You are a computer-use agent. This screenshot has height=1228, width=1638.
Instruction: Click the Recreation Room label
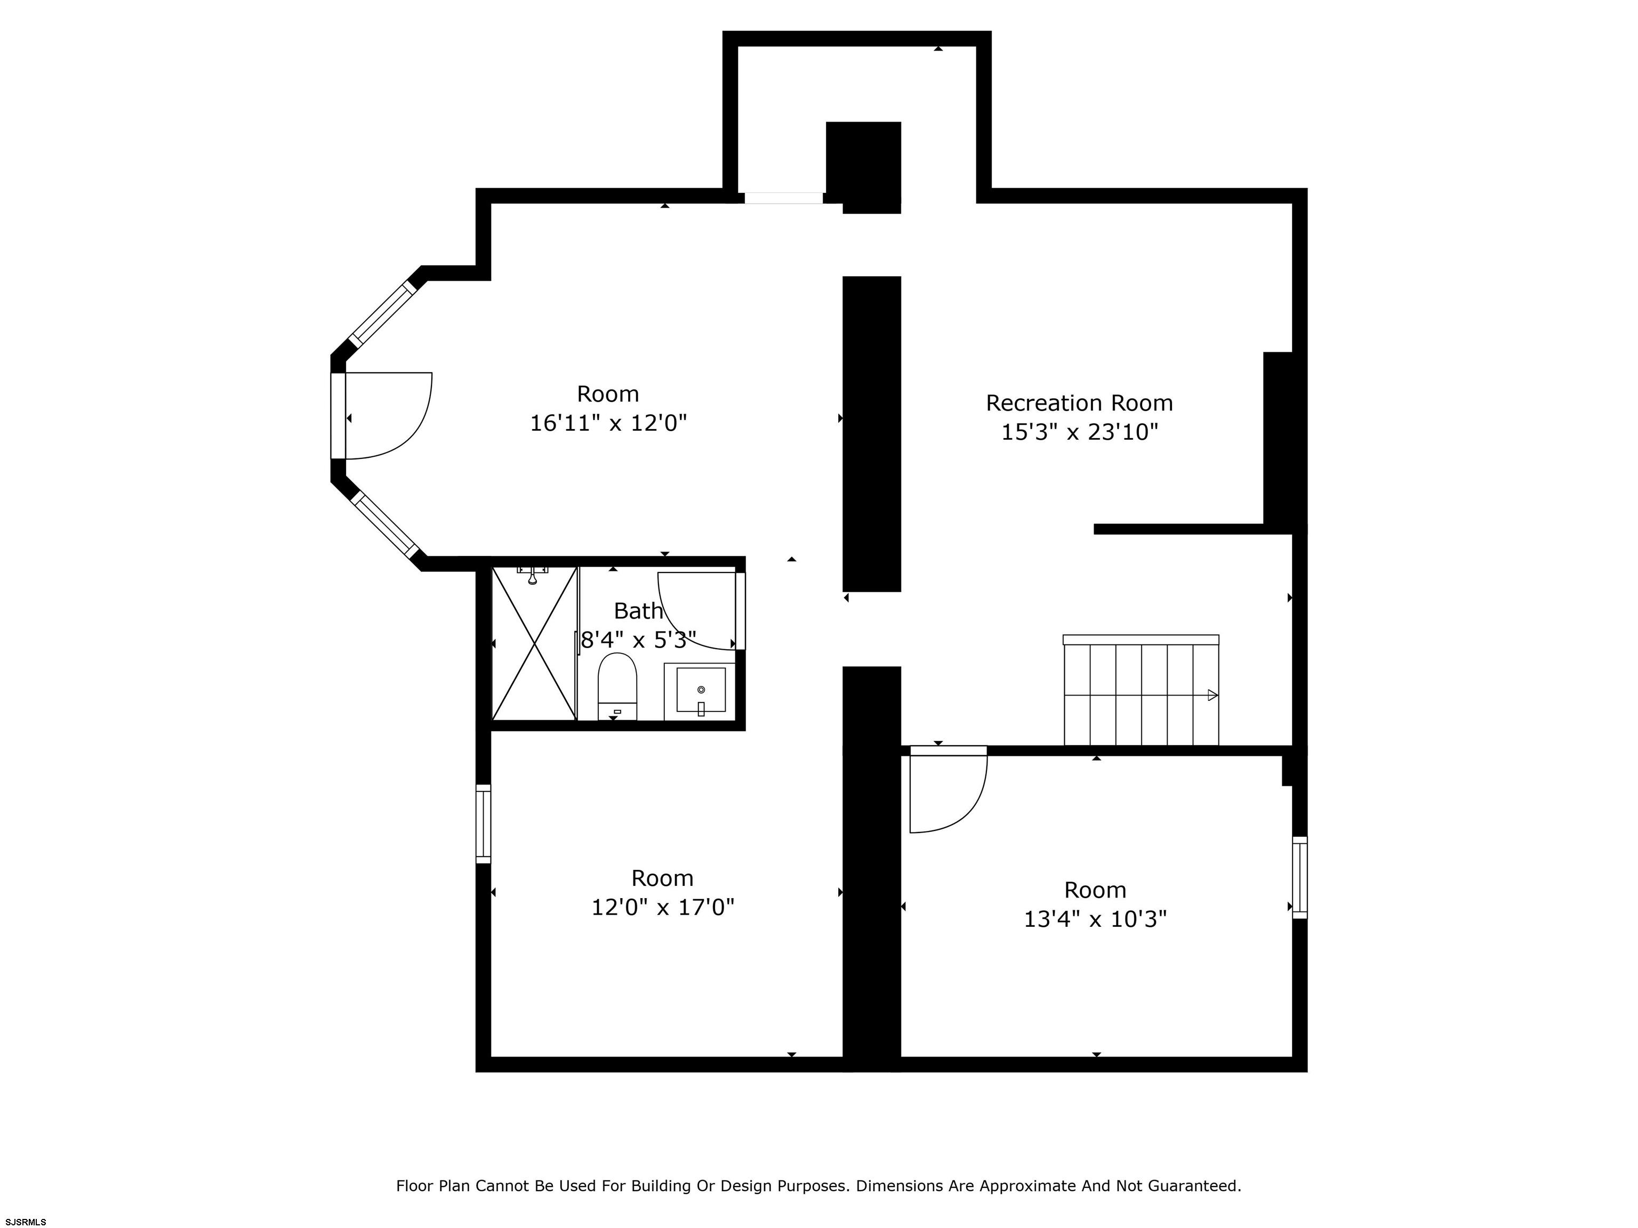(1079, 403)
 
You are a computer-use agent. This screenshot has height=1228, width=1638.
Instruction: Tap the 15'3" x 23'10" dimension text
(1079, 432)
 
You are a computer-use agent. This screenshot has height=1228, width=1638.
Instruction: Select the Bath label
(638, 611)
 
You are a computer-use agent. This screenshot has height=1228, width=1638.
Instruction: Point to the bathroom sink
(700, 691)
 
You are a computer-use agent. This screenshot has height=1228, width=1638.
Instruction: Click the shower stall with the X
(534, 643)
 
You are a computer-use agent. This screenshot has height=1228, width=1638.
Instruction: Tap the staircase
(1141, 690)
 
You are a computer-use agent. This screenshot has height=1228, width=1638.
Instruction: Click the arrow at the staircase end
(1212, 695)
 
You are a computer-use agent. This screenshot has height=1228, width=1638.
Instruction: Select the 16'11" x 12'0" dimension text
(608, 423)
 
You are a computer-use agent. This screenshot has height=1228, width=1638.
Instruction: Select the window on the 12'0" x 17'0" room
(483, 824)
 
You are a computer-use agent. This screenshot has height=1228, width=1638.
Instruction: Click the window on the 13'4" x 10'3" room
(1299, 878)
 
